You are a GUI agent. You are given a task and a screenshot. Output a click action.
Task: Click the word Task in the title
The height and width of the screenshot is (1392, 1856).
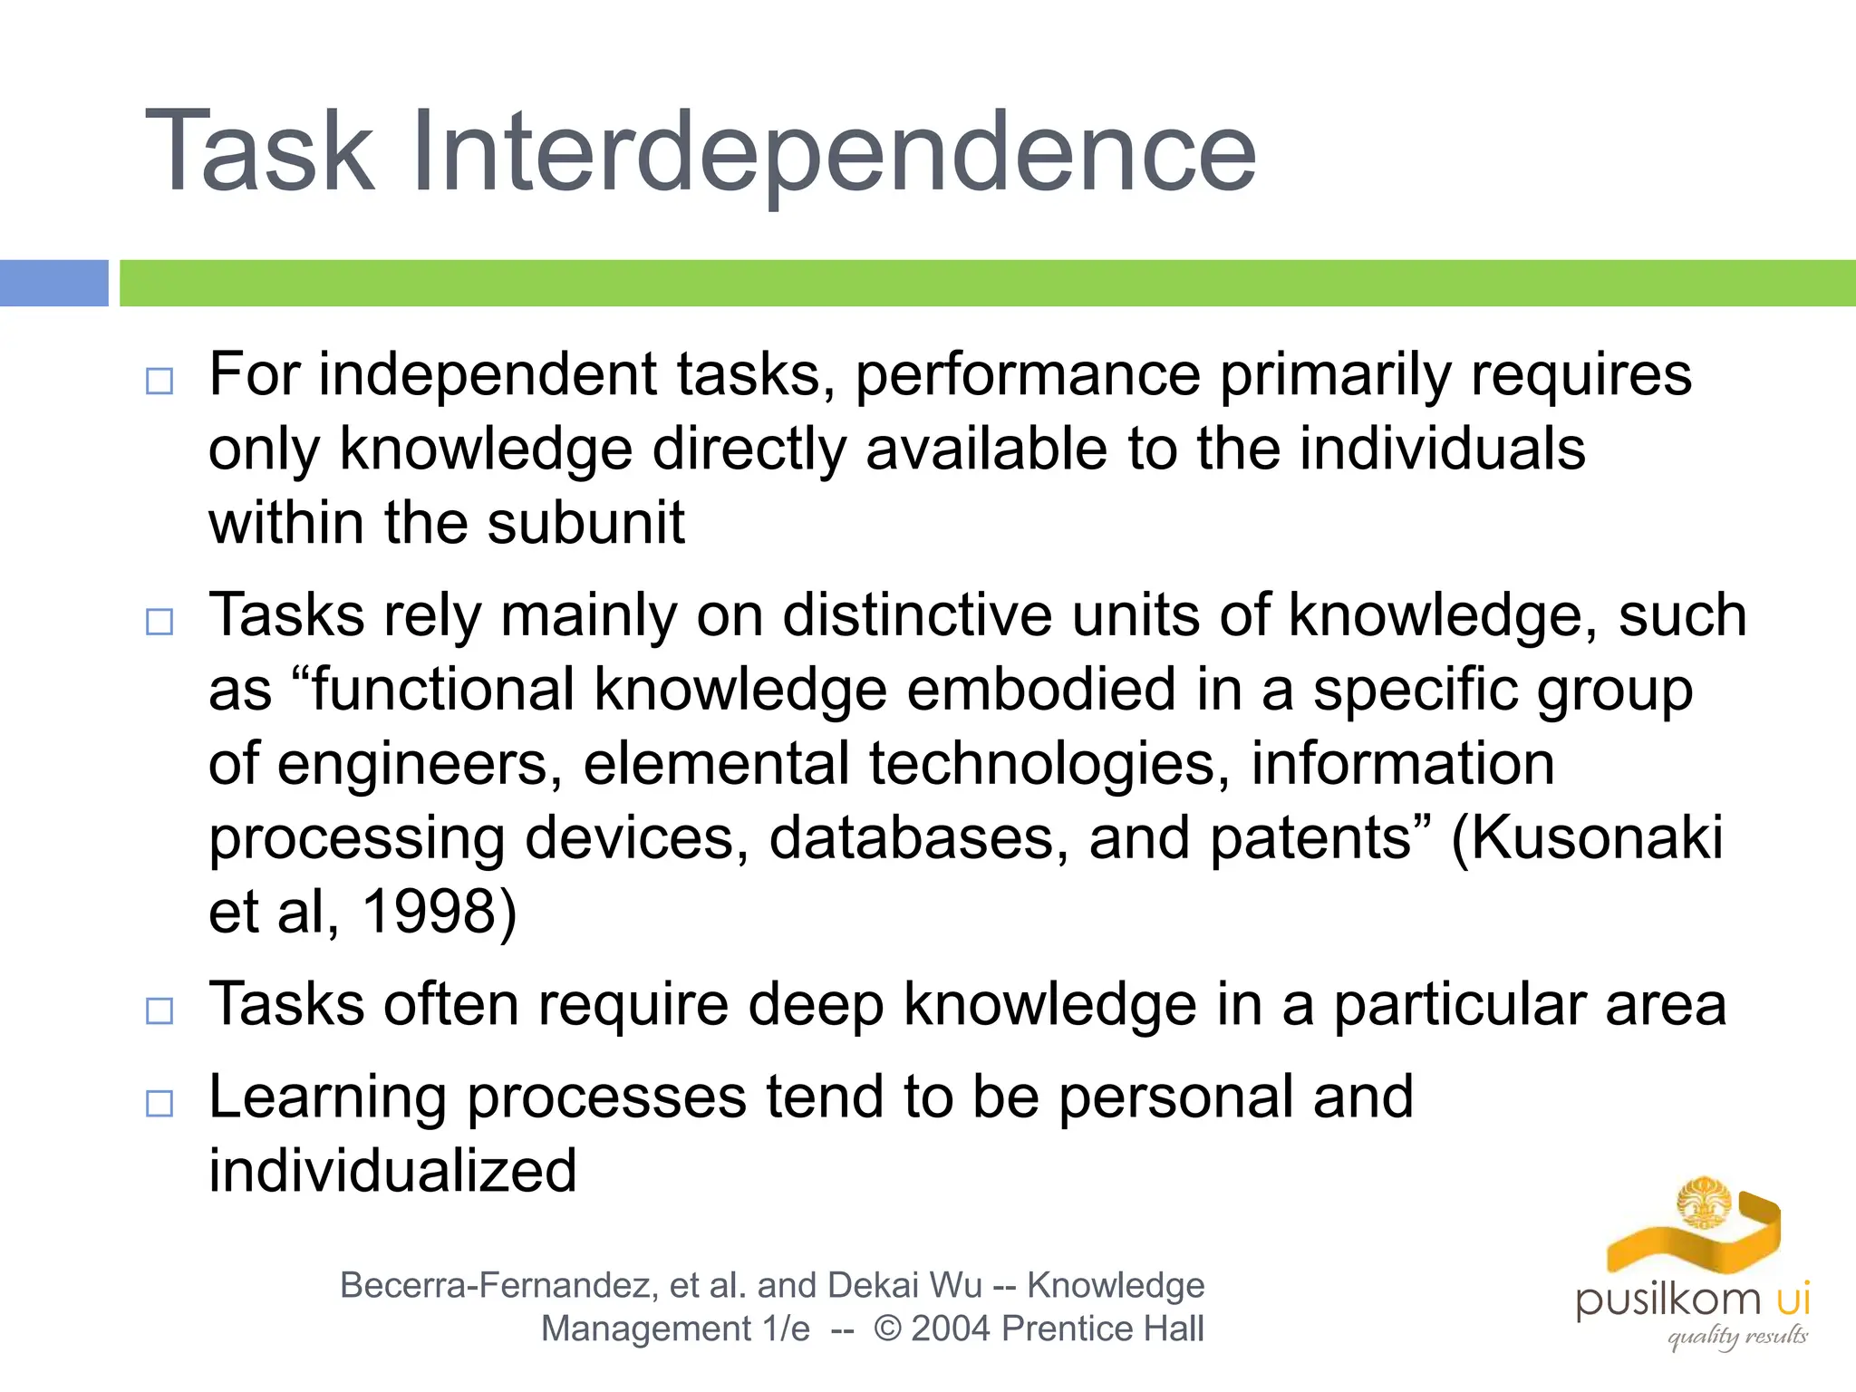(x=259, y=152)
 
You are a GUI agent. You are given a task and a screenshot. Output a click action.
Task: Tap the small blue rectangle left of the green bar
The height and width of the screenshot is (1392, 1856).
(x=53, y=283)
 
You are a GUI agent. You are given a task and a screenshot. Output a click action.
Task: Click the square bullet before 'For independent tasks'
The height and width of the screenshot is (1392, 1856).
(x=159, y=381)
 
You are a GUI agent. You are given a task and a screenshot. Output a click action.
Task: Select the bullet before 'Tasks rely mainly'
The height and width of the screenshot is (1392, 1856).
(x=159, y=622)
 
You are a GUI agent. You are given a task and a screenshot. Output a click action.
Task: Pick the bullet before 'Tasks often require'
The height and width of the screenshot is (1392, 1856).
(x=159, y=1010)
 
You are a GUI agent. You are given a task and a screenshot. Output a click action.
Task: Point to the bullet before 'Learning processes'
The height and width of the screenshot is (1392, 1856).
(x=159, y=1103)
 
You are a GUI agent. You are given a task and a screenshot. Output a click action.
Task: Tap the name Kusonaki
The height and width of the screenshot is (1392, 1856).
(x=1597, y=837)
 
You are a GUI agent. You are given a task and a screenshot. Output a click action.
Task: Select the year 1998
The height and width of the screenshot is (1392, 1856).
(x=429, y=912)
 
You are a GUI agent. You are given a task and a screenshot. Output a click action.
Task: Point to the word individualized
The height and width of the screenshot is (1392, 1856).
(x=392, y=1171)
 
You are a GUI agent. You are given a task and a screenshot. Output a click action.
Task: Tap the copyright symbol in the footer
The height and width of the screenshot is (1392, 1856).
(x=887, y=1329)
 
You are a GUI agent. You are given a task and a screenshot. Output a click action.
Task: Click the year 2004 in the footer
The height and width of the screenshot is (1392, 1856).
(x=952, y=1329)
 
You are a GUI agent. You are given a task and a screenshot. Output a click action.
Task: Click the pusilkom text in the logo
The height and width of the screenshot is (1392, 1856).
(x=1668, y=1300)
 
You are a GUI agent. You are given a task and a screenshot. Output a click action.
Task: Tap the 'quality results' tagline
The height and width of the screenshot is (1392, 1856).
(x=1737, y=1336)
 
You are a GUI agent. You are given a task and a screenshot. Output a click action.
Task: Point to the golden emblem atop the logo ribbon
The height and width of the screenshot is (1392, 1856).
(x=1704, y=1203)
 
